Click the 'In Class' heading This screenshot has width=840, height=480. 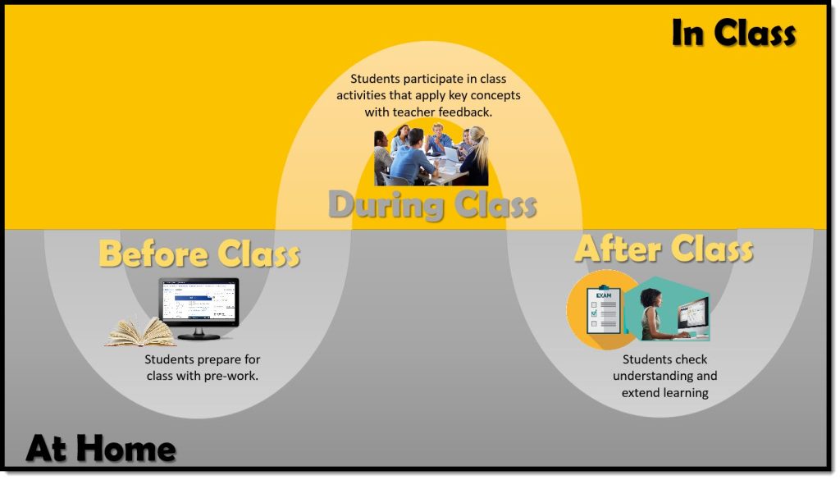click(733, 33)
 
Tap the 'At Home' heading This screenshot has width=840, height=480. click(101, 448)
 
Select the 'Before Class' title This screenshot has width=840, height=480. click(199, 254)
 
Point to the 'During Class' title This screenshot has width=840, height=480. click(432, 204)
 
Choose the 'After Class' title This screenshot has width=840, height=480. click(664, 249)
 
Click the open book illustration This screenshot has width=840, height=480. click(141, 332)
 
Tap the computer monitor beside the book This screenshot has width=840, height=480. click(199, 309)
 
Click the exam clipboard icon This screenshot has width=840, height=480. click(604, 309)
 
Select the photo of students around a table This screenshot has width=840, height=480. click(431, 154)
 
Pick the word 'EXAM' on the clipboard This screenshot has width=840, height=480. click(604, 295)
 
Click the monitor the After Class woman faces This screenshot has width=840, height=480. click(693, 318)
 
